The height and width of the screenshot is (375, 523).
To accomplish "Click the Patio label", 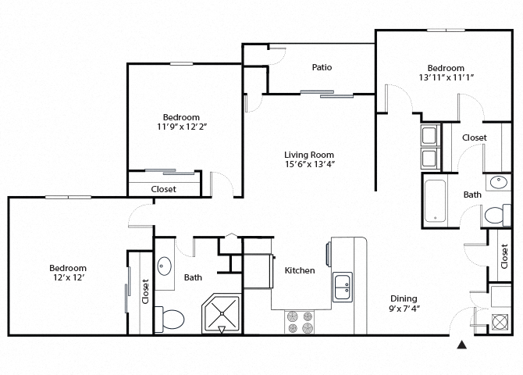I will click(322, 67).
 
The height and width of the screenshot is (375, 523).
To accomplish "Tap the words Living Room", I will click(309, 154).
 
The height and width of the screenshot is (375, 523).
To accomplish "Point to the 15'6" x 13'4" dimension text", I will click(309, 165).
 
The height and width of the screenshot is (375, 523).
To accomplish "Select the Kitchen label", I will click(300, 270).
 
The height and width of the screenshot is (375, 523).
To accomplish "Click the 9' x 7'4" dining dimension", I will click(404, 310).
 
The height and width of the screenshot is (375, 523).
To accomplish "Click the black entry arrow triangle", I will click(461, 344).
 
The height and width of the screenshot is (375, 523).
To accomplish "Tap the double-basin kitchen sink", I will click(343, 287).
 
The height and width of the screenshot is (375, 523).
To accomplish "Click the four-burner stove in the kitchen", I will click(301, 322).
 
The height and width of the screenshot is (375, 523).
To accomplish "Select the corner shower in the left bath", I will click(222, 314).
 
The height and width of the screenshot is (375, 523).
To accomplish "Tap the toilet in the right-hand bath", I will click(495, 215).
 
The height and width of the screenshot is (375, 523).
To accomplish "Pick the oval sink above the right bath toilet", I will click(497, 184).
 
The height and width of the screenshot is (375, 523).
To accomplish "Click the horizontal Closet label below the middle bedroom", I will click(163, 189).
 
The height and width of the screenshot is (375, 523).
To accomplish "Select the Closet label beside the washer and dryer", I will click(474, 137).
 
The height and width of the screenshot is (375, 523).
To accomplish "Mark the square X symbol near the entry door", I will click(500, 320).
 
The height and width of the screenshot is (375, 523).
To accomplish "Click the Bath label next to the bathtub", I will click(471, 195).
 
